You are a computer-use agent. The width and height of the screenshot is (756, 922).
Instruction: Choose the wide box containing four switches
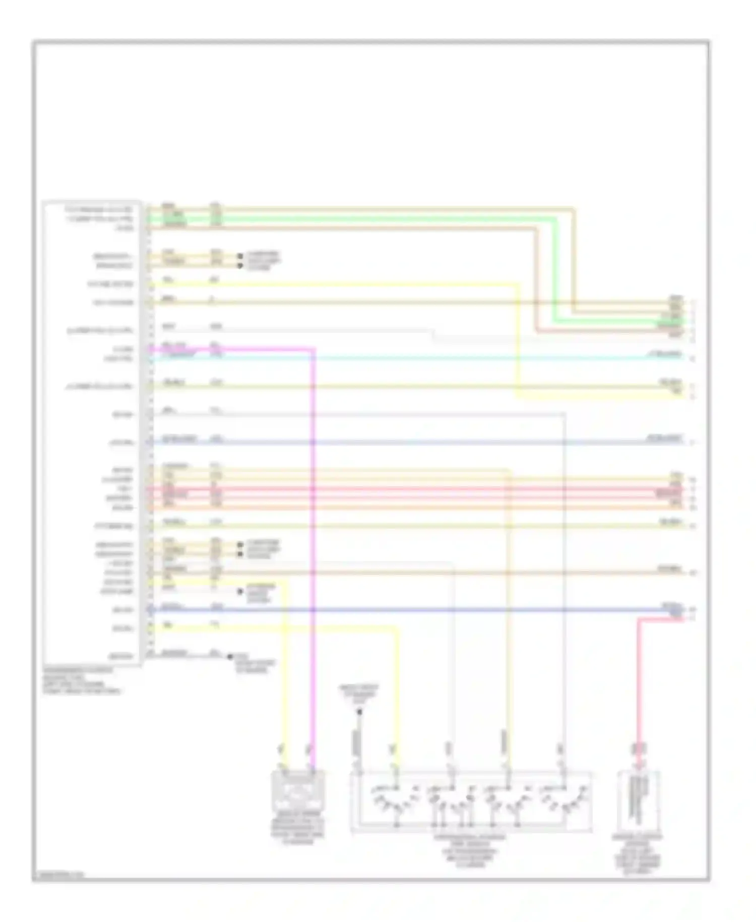[471, 801]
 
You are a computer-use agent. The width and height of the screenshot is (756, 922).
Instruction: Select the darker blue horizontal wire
[403, 610]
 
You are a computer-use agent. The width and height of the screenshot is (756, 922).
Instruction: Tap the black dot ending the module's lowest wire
[230, 657]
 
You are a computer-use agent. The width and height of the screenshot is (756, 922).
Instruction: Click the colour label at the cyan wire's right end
[665, 355]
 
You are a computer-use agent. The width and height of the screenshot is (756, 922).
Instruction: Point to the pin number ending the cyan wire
[692, 359]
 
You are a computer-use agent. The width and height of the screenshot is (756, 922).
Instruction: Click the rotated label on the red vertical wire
[638, 750]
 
